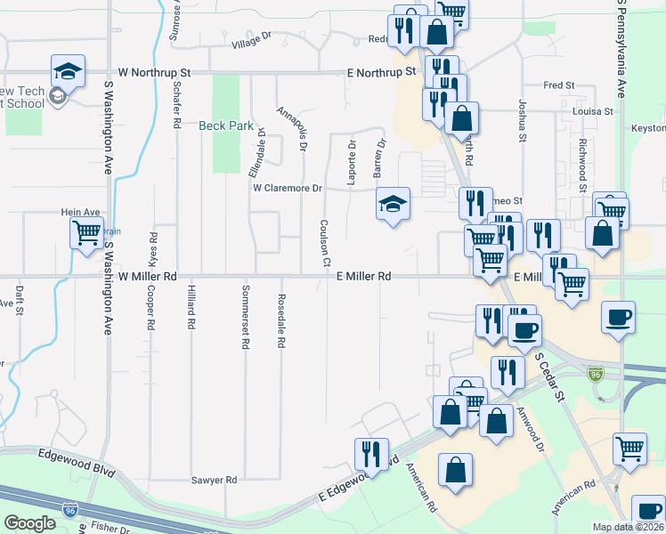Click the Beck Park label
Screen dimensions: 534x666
point(226,125)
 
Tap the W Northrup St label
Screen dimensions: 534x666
point(155,72)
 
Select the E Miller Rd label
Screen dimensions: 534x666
point(364,277)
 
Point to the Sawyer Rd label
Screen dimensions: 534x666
point(214,480)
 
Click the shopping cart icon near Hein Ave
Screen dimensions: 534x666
point(86,234)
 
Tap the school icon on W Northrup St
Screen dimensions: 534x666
point(68,71)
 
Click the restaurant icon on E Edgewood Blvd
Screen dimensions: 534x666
point(371,454)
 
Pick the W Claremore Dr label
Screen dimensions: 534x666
point(287,189)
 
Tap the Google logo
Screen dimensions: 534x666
point(30,523)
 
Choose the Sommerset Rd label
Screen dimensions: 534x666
point(246,318)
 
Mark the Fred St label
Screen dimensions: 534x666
point(558,85)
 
